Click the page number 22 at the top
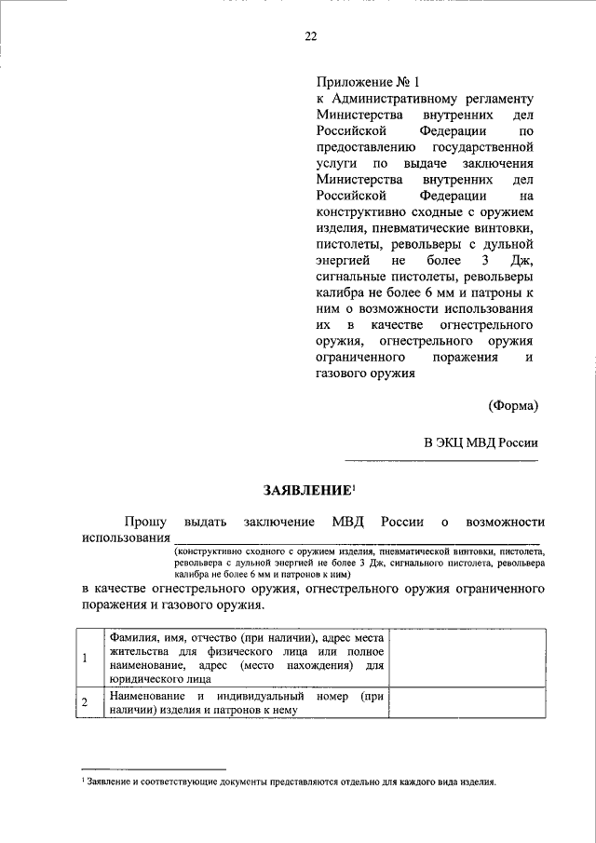point(311,36)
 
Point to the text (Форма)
point(512,405)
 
